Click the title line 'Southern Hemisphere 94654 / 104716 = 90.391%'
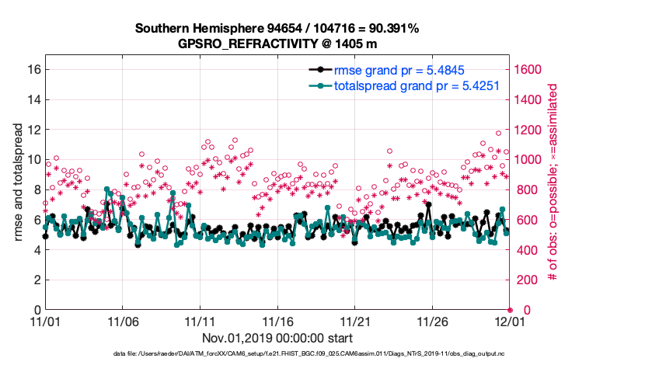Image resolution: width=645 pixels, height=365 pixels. click(277, 29)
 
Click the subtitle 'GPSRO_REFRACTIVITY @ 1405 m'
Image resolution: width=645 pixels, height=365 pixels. click(277, 43)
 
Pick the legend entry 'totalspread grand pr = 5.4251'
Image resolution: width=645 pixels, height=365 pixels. click(416, 85)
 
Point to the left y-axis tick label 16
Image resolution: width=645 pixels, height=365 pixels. click(33, 69)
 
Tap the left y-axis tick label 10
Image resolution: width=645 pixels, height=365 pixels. click(33, 159)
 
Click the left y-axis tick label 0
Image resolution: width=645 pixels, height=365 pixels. click(37, 310)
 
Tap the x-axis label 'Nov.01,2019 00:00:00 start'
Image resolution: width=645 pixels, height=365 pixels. click(277, 338)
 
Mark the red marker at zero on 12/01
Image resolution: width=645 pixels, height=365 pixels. click(510, 310)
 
